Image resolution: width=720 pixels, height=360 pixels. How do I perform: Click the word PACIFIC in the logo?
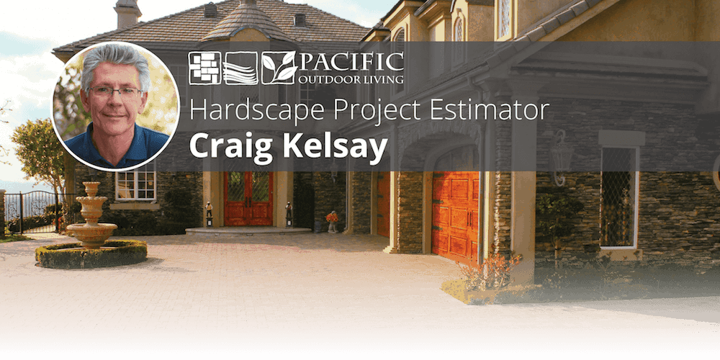click(352, 62)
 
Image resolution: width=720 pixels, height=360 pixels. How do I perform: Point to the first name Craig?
click(230, 145)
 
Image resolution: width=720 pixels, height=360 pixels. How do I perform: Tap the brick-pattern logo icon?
click(204, 68)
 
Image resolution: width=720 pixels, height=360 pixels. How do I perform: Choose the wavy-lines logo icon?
click(240, 68)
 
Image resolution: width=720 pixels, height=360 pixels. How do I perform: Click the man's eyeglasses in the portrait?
click(116, 91)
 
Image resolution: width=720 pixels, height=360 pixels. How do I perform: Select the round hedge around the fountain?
click(91, 253)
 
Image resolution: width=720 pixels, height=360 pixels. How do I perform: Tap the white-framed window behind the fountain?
click(135, 184)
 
